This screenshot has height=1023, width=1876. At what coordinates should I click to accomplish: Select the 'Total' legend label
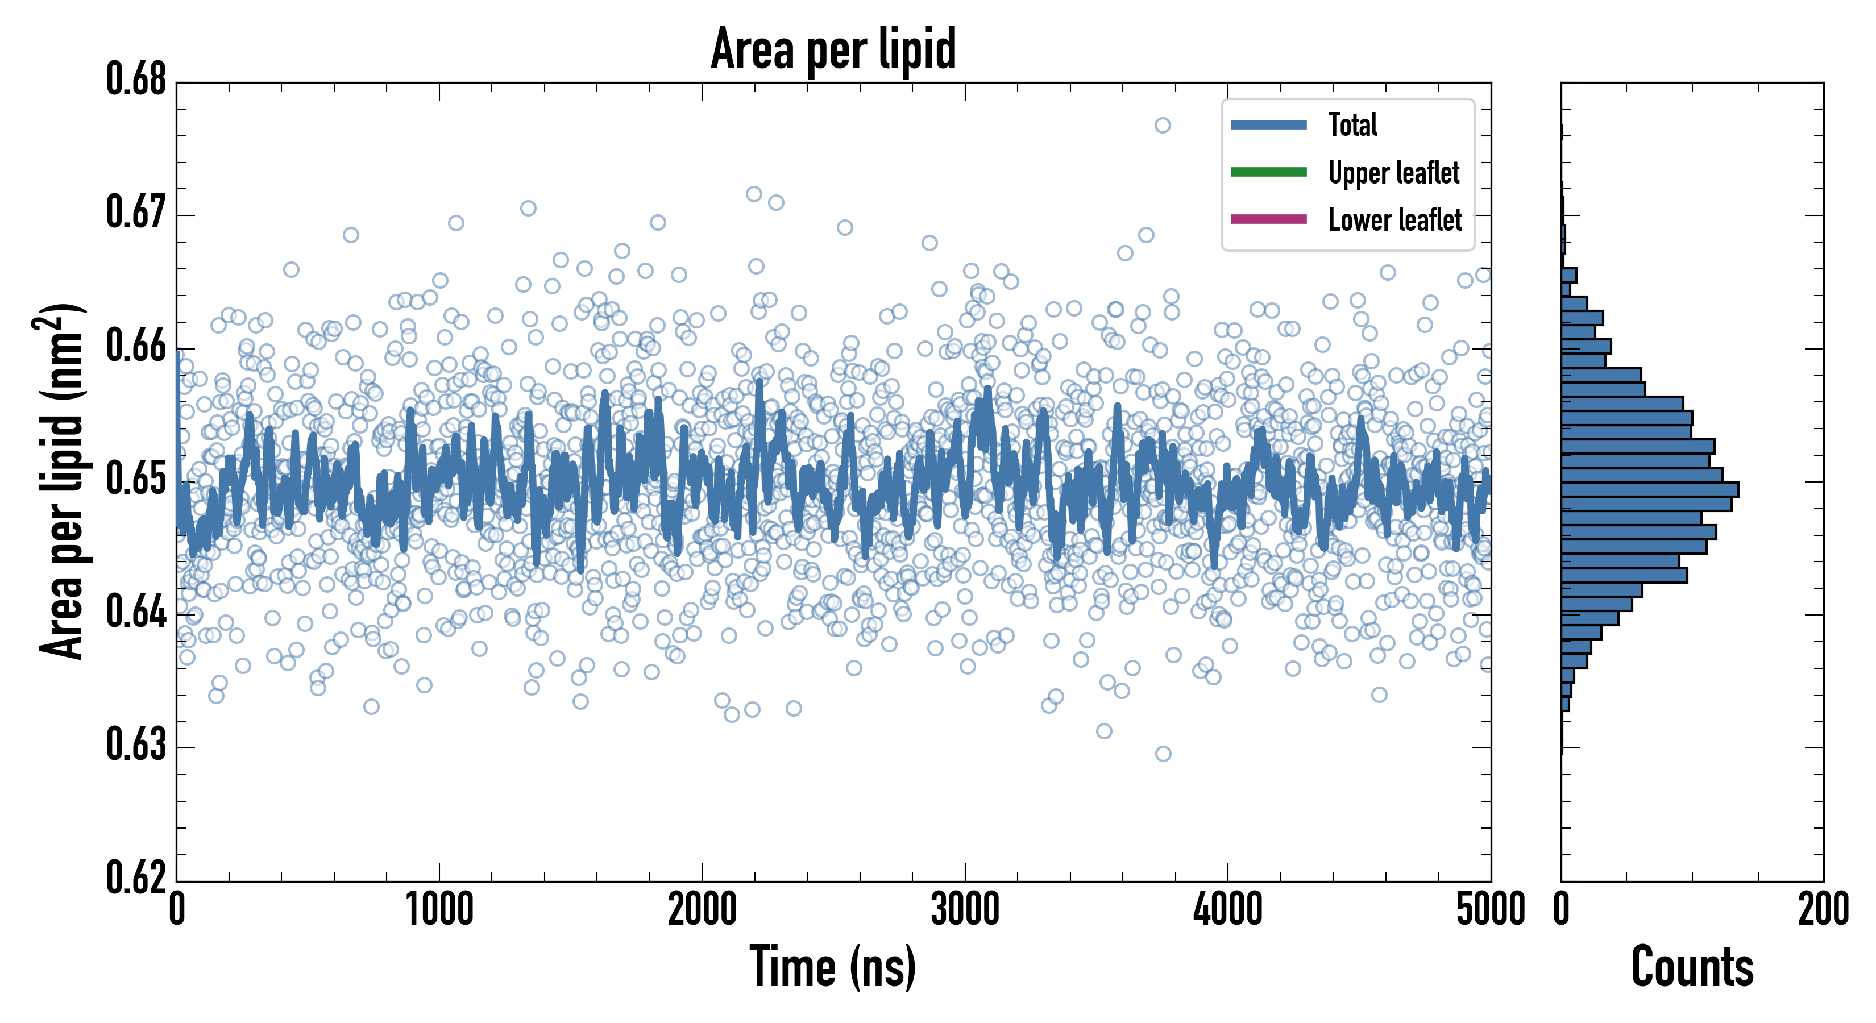(x=1352, y=124)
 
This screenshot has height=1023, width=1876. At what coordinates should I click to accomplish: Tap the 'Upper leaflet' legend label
(x=1393, y=173)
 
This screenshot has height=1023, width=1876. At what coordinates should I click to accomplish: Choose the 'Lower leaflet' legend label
(x=1394, y=220)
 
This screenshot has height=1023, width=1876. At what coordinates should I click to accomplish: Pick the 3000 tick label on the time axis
(x=965, y=909)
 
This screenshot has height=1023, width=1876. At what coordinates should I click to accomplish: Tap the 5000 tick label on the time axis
(x=1490, y=909)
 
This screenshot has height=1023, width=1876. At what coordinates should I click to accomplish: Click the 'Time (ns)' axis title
(x=833, y=967)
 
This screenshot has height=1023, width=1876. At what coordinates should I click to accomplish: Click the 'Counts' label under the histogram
(x=1692, y=967)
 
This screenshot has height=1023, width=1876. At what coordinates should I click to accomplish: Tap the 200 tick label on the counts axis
(x=1823, y=909)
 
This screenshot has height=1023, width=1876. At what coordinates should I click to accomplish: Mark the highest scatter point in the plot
(x=1163, y=125)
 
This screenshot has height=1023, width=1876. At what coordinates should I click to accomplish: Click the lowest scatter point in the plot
(x=1163, y=754)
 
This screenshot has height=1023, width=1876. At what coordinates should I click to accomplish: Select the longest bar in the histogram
(x=1650, y=489)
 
